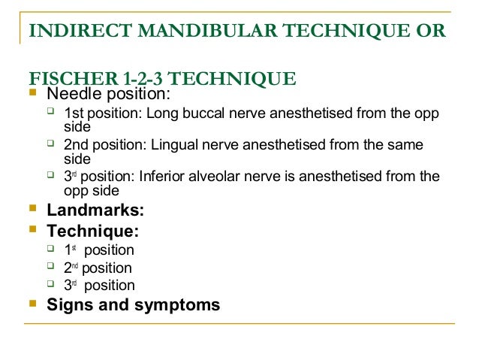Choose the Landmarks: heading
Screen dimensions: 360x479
click(x=95, y=210)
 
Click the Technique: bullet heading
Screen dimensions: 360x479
click(x=92, y=231)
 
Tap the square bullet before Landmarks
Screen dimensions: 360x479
click(x=32, y=209)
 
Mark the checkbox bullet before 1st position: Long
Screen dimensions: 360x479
click(x=50, y=113)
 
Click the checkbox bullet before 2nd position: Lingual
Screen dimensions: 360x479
click(x=50, y=144)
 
